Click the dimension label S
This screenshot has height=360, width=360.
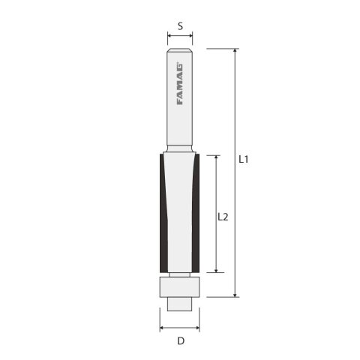(180, 25)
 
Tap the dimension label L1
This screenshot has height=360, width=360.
(244, 160)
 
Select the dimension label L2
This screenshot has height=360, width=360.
(223, 217)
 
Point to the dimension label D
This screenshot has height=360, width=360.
(180, 343)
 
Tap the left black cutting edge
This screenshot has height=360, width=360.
(163, 214)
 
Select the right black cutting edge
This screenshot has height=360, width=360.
(196, 214)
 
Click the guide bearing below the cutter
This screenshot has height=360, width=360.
(180, 287)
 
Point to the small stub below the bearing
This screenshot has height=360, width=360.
(180, 302)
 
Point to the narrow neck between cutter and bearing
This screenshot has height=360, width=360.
(180, 274)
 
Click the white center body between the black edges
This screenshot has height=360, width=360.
(180, 214)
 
